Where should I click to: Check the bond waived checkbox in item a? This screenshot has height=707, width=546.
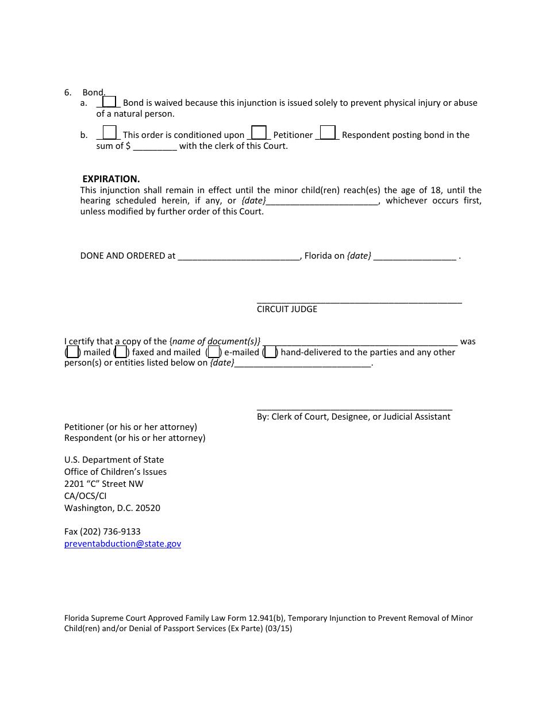click(x=109, y=102)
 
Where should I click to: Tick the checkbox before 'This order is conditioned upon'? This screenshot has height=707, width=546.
click(x=109, y=133)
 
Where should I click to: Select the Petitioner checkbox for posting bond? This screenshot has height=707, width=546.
click(x=259, y=133)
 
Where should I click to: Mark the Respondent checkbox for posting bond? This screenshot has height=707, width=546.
click(x=328, y=133)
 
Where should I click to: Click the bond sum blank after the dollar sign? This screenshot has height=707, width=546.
click(x=155, y=147)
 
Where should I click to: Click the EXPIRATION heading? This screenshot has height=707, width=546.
click(x=111, y=179)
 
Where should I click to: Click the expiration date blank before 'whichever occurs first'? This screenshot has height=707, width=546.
click(x=322, y=201)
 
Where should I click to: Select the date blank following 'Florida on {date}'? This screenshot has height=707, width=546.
click(x=414, y=256)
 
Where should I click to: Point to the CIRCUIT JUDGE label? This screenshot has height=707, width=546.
click(x=287, y=309)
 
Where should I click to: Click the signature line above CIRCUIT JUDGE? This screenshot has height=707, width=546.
click(x=359, y=300)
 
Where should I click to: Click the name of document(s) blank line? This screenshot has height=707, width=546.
click(x=360, y=341)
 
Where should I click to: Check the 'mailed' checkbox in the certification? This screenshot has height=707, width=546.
click(x=72, y=352)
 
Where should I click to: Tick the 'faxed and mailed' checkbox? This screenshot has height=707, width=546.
click(x=121, y=352)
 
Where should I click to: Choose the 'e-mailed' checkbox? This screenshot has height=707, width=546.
click(x=213, y=352)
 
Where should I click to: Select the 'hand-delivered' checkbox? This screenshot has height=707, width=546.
click(x=270, y=352)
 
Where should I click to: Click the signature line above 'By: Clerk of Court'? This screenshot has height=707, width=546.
click(x=354, y=408)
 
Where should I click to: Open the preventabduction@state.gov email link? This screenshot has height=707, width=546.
click(x=122, y=544)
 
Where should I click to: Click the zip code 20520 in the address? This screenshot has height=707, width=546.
click(x=148, y=508)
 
